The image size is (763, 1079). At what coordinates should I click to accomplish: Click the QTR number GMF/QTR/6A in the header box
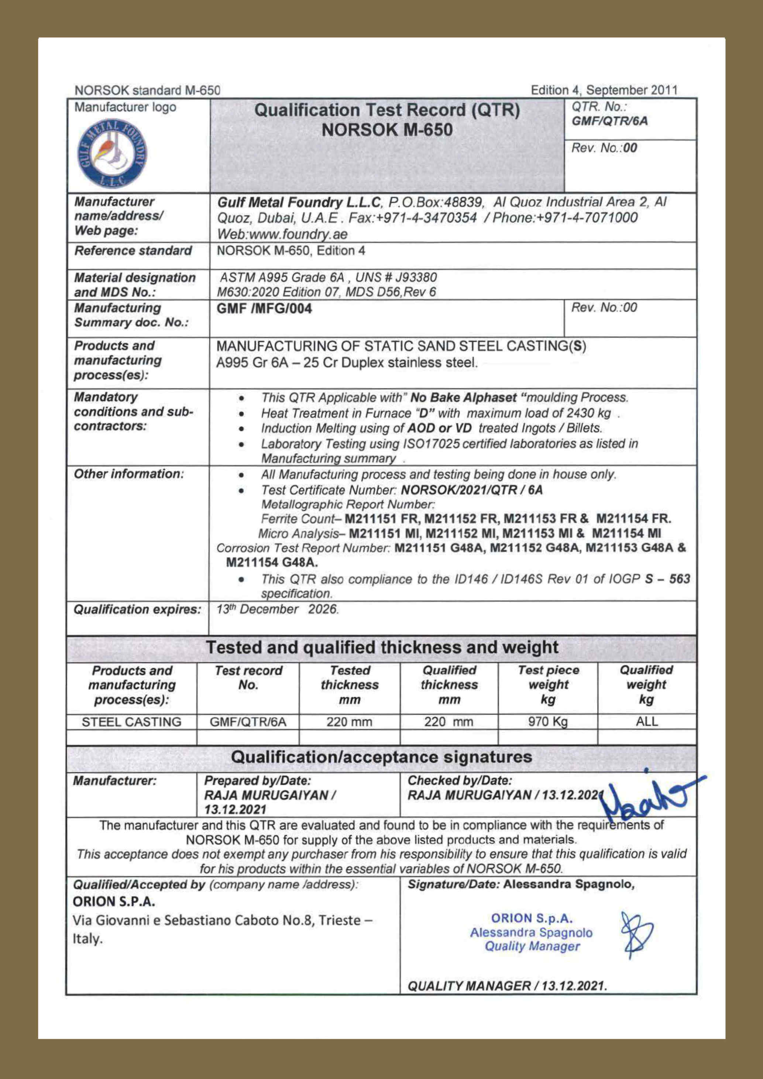(x=609, y=121)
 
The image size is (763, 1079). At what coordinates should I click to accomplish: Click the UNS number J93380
(x=416, y=277)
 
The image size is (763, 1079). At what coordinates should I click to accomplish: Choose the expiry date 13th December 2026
(x=277, y=609)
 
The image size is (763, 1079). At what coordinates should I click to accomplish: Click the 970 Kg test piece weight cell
(x=548, y=721)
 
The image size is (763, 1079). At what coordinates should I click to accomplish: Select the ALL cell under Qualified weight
(x=646, y=721)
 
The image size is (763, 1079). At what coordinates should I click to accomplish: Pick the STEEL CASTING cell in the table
(x=131, y=722)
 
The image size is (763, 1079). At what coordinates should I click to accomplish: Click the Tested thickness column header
(x=350, y=685)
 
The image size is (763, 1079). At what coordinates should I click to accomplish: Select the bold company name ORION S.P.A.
(x=114, y=902)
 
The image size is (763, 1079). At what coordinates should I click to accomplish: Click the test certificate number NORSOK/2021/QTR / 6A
(x=472, y=490)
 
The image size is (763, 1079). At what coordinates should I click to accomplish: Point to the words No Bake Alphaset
(x=463, y=398)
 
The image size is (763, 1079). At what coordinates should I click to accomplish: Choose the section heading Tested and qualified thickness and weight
(x=382, y=647)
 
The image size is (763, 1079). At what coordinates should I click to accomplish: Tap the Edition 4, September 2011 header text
(x=604, y=90)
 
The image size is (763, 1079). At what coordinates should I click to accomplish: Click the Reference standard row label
(x=133, y=251)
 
